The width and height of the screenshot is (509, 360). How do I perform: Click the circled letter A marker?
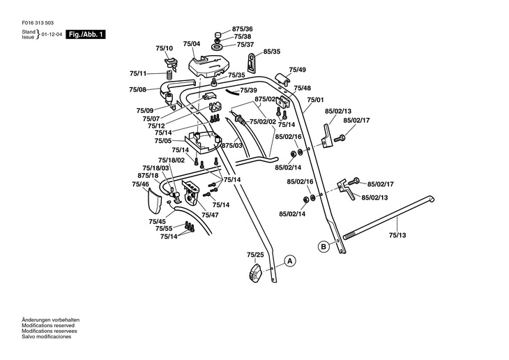pos(289,262)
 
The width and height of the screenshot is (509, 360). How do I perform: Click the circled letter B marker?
pos(323,246)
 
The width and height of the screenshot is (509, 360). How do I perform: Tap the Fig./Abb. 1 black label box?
pos(86,34)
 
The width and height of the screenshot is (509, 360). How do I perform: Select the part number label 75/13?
pos(397,235)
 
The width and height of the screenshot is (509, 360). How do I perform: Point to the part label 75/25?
pos(255,255)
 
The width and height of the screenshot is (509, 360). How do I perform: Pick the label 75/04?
pos(192,44)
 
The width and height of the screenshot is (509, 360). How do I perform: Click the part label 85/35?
pos(272,52)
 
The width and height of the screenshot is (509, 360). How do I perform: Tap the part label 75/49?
pos(298,70)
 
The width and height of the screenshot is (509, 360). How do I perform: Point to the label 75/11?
pos(138,73)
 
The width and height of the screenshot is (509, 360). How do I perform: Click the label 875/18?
pos(149,175)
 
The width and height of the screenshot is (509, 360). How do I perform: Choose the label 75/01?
pos(316,100)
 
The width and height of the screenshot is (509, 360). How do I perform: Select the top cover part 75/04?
pos(208,65)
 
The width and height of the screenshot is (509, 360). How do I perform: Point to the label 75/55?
pos(164,229)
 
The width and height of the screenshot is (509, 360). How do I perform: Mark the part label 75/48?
pos(302,88)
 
